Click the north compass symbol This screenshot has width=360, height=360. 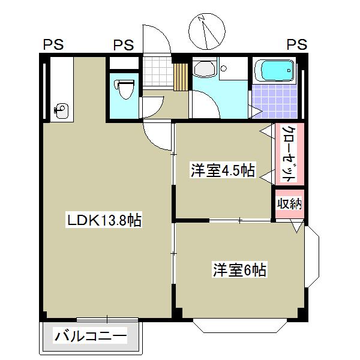pos(207,32)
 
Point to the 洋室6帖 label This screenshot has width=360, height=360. pos(239,270)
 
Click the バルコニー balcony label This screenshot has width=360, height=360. pos(91,337)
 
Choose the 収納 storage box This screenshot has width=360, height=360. pos(289,204)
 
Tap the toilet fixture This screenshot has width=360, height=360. pos(124,90)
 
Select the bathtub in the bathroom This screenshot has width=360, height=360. pos(274,71)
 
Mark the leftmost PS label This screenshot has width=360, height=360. pos(53,45)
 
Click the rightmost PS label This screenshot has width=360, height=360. pos(296,45)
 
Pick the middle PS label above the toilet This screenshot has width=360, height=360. pos(124,45)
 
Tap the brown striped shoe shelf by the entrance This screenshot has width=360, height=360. pos(179,76)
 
